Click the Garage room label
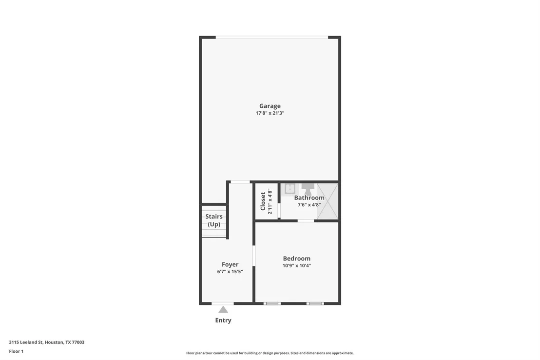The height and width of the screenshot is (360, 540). pyautogui.click(x=270, y=106)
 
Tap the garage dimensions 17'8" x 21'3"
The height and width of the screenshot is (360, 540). pyautogui.click(x=270, y=113)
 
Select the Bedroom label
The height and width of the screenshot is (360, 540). pyautogui.click(x=297, y=259)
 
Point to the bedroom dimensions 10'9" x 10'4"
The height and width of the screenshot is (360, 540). pyautogui.click(x=297, y=265)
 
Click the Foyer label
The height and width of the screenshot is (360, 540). pyautogui.click(x=230, y=265)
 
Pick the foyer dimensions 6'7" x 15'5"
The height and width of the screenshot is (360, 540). pyautogui.click(x=230, y=272)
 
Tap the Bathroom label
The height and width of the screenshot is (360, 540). pyautogui.click(x=309, y=198)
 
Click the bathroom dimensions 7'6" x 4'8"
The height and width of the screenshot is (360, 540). pyautogui.click(x=309, y=205)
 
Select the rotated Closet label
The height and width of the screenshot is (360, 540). pyautogui.click(x=263, y=201)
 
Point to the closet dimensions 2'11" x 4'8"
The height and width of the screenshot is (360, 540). pyautogui.click(x=270, y=201)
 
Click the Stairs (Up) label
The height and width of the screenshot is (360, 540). pyautogui.click(x=214, y=220)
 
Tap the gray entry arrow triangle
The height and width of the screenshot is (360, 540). pyautogui.click(x=223, y=310)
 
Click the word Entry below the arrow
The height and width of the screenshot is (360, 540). pyautogui.click(x=223, y=320)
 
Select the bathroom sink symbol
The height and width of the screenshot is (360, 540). pyautogui.click(x=290, y=189)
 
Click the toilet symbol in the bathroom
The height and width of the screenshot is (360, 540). pyautogui.click(x=308, y=189)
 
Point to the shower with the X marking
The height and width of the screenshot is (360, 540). pyautogui.click(x=328, y=201)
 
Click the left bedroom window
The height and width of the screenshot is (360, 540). pyautogui.click(x=272, y=303)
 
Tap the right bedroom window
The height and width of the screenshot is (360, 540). pyautogui.click(x=315, y=303)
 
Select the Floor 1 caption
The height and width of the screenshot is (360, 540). pyautogui.click(x=16, y=351)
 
